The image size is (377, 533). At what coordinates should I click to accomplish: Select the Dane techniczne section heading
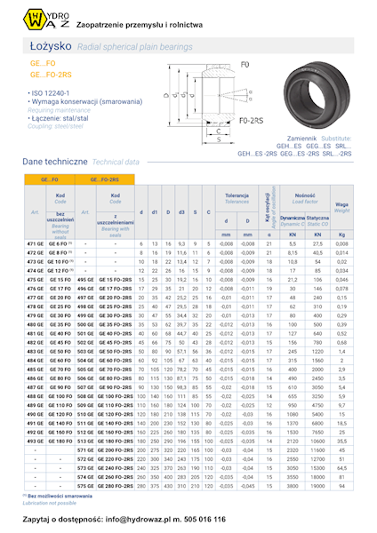point(54,163)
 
